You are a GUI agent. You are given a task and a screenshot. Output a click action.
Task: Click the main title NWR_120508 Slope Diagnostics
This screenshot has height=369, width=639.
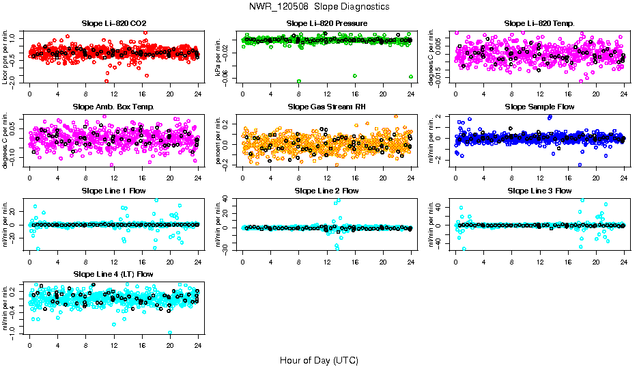click(319, 6)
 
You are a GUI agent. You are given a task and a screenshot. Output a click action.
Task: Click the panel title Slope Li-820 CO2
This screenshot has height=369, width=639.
click(113, 23)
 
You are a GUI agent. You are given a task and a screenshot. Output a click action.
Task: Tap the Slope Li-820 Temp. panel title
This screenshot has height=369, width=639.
click(539, 23)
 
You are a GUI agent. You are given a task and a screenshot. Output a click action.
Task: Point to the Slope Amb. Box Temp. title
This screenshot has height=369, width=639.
click(113, 107)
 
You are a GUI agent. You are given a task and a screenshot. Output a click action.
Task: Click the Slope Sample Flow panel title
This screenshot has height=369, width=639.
click(539, 107)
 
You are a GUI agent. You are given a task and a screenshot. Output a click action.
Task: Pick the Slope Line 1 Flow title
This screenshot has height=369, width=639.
click(113, 190)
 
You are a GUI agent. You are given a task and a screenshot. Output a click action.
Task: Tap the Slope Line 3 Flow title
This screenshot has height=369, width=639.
click(539, 190)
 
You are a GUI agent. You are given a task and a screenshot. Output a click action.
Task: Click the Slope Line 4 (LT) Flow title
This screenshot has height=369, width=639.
click(113, 274)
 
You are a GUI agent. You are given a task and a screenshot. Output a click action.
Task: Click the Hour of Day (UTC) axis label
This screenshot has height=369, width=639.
click(319, 359)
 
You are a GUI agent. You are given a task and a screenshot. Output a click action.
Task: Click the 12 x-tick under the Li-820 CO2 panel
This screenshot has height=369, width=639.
click(113, 94)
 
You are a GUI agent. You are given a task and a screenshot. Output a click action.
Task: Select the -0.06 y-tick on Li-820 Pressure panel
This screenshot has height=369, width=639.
click(232, 79)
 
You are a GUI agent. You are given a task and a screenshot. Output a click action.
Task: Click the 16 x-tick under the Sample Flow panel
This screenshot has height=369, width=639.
click(568, 178)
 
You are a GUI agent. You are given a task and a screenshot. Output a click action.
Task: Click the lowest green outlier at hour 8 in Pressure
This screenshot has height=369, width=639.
click(299, 81)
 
